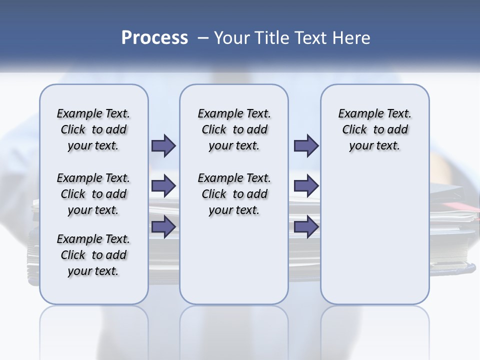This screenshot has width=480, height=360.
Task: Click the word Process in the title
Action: [154, 38]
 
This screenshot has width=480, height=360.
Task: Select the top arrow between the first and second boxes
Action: [163, 146]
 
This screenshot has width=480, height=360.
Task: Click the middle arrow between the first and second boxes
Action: [163, 186]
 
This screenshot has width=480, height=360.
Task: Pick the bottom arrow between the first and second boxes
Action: [163, 226]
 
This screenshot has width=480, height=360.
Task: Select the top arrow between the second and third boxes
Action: [306, 146]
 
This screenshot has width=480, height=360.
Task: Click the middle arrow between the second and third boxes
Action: [306, 186]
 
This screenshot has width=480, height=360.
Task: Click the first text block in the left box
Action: [93, 129]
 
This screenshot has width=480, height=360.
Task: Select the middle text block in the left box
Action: [93, 194]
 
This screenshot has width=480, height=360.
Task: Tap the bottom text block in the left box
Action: [93, 255]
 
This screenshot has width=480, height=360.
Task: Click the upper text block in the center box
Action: [234, 129]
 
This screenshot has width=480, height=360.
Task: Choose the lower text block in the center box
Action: [234, 194]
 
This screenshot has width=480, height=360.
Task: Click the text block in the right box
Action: [375, 129]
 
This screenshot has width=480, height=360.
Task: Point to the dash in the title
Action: [203, 38]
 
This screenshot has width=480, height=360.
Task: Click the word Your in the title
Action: [231, 38]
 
